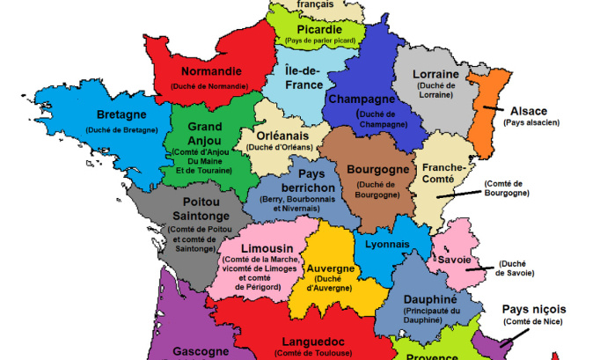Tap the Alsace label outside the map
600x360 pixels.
528,111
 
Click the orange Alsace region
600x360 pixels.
481,114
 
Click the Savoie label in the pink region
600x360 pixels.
455,261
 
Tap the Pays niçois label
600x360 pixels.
534,309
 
